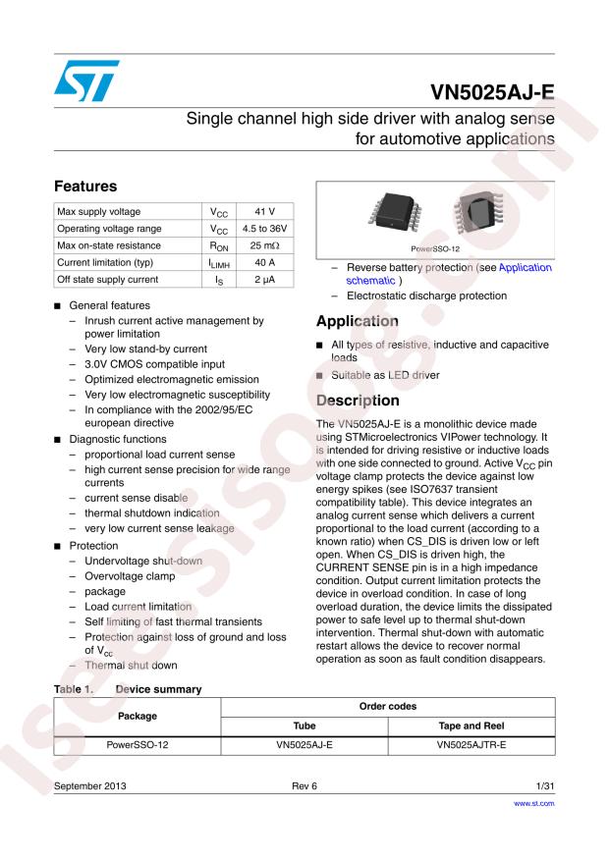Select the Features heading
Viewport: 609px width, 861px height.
(85, 186)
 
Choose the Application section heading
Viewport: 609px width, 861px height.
(358, 321)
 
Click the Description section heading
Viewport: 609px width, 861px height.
(359, 401)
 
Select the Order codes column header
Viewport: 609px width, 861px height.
(388, 706)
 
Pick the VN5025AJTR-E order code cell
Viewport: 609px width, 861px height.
(471, 745)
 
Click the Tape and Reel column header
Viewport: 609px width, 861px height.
(471, 726)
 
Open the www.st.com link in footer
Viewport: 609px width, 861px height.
(534, 803)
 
